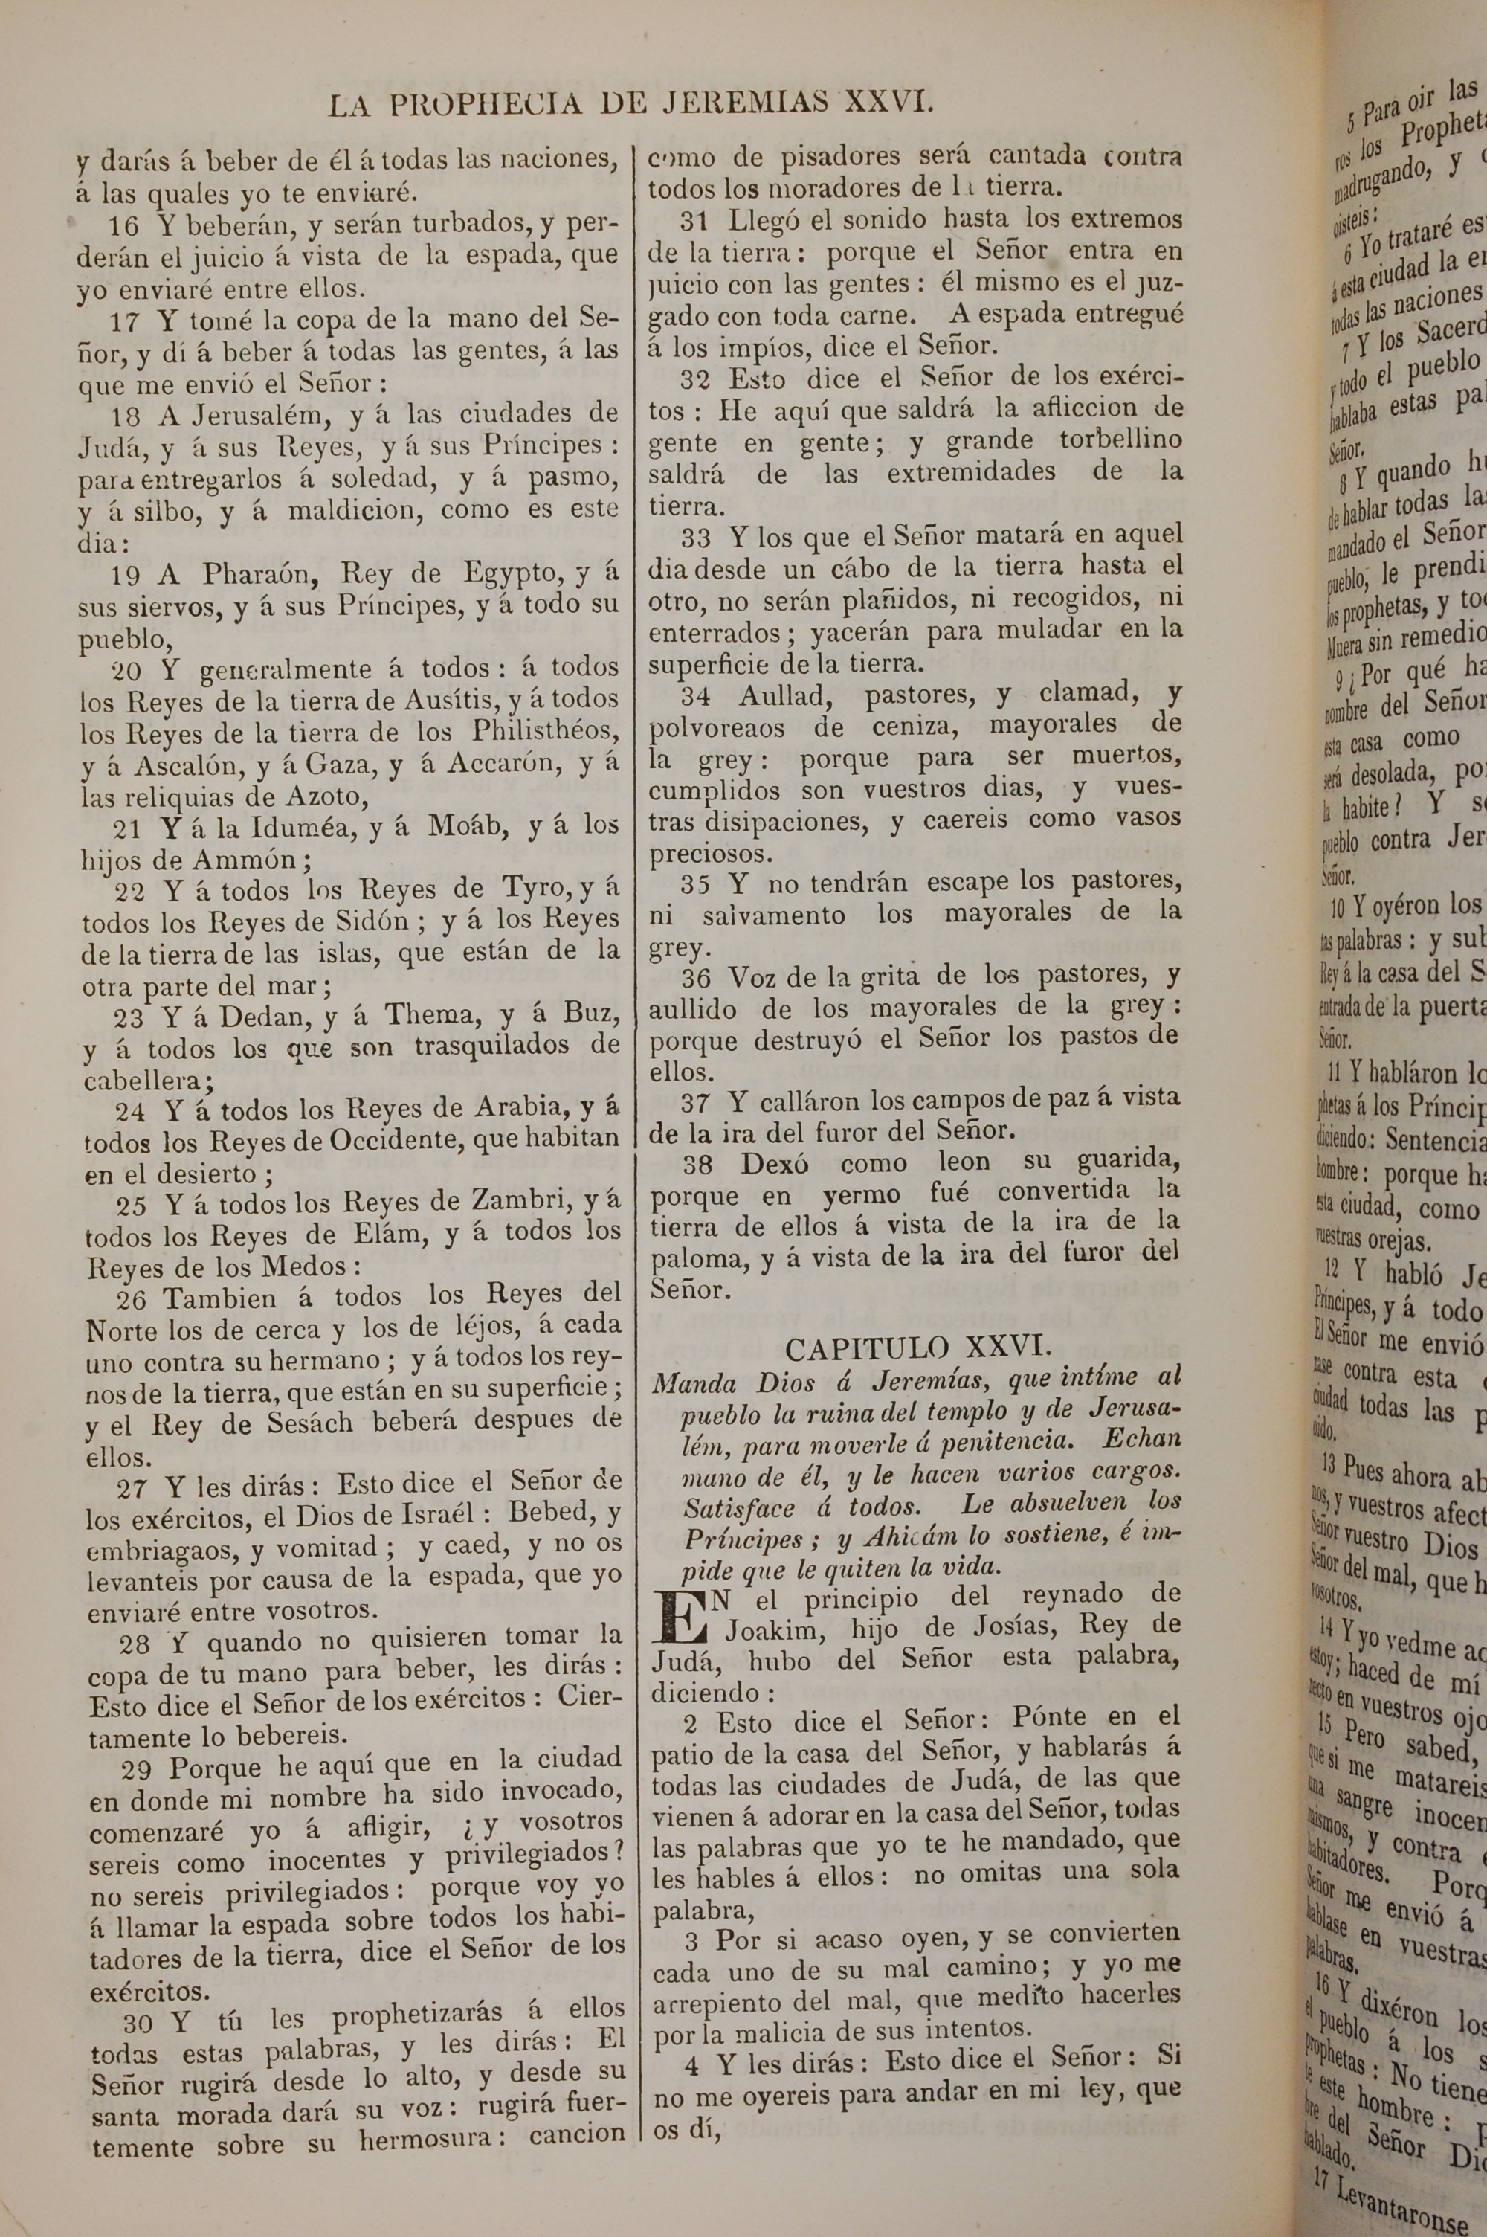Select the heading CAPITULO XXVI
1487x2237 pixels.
click(915, 1348)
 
